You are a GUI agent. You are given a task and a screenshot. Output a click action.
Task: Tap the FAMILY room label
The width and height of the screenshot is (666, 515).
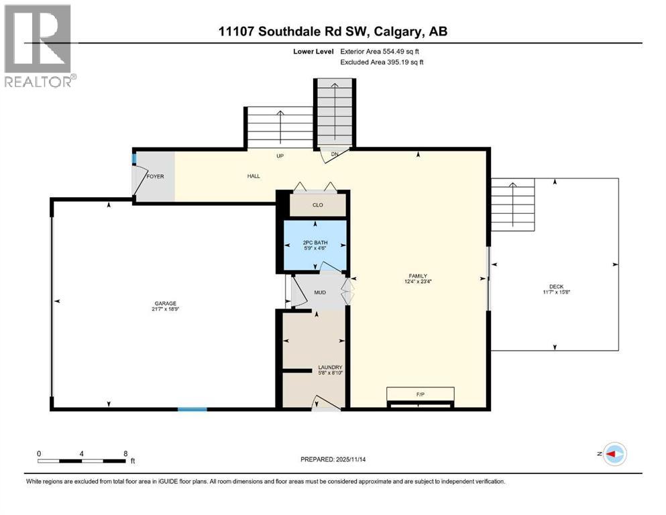[419, 276]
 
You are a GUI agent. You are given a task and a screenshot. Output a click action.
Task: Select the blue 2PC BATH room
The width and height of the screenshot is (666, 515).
[315, 244]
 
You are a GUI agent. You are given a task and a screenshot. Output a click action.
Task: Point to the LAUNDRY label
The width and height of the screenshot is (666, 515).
[330, 367]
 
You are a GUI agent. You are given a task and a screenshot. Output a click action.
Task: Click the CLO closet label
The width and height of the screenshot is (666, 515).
[318, 205]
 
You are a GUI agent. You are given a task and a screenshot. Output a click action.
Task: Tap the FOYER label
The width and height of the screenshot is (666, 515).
[155, 176]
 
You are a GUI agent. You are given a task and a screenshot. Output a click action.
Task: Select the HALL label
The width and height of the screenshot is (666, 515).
[253, 176]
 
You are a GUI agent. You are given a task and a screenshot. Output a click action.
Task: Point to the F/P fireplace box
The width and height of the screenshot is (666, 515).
[420, 393]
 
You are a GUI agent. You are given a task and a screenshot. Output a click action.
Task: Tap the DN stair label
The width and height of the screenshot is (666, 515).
[336, 155]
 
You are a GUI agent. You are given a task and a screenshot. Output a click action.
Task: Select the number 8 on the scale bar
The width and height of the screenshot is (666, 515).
[125, 453]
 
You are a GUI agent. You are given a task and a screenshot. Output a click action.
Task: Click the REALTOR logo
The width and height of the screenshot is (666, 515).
[40, 46]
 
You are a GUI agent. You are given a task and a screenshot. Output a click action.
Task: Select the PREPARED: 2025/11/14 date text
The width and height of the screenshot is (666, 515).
[333, 459]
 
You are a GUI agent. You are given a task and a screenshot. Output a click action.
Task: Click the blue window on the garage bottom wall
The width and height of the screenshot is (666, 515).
[192, 408]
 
